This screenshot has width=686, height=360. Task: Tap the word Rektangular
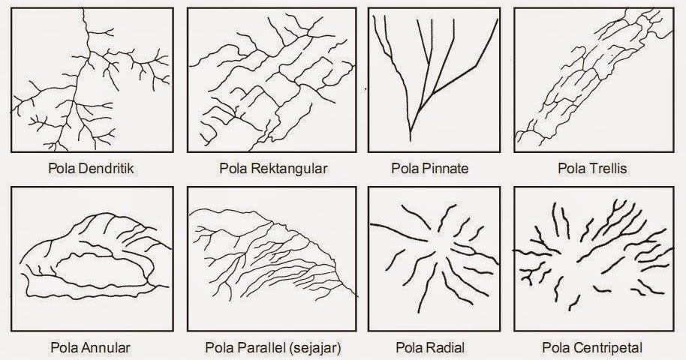[290, 169]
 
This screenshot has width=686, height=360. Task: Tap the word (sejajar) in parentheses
[314, 348]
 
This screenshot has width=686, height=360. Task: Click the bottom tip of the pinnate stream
[411, 140]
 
